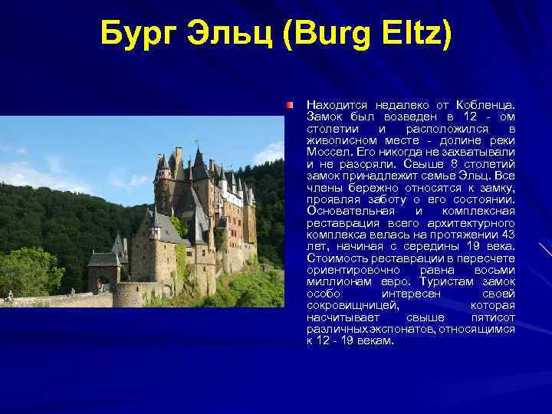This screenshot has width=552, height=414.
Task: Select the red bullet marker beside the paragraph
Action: pyautogui.click(x=291, y=103)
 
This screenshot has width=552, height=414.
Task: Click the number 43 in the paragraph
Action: pyautogui.click(x=506, y=233)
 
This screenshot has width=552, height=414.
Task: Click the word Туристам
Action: pyautogui.click(x=448, y=281)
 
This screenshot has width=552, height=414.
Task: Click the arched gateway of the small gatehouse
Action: pyautogui.click(x=103, y=284)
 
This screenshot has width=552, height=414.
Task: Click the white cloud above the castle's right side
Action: pyautogui.click(x=268, y=154)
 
